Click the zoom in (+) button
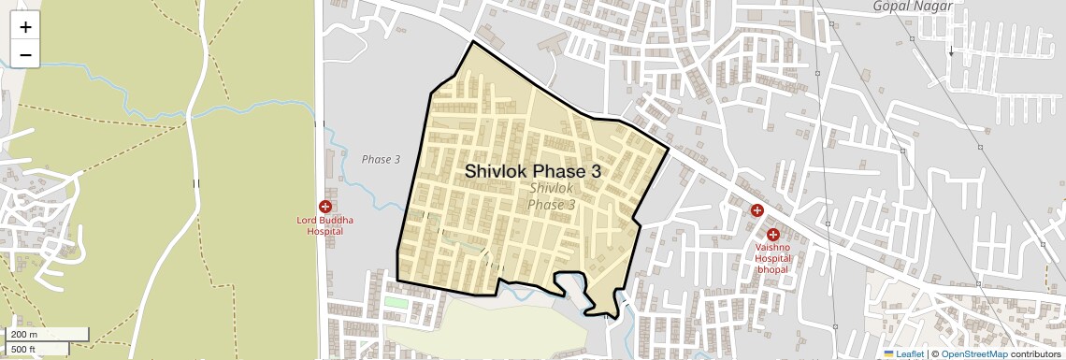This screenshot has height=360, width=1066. click(25, 27)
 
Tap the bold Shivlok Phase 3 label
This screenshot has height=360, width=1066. click(533, 172)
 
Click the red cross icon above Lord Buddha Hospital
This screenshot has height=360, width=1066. click(325, 206)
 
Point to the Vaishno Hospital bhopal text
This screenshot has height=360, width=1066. click(773, 259)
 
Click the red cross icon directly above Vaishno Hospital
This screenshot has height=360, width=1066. click(773, 235)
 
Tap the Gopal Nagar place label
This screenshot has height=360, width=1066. click(913, 7)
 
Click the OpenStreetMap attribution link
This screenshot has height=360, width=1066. click(973, 353)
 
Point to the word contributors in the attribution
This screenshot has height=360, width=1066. click(1036, 353)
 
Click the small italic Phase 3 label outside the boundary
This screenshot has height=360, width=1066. click(381, 160)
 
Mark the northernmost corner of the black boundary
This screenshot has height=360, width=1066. click(473, 41)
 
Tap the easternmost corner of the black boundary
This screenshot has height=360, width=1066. click(670, 149)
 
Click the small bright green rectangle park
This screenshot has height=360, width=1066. click(396, 302)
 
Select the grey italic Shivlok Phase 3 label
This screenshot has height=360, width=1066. click(552, 196)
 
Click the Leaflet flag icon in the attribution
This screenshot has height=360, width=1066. click(889, 353)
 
